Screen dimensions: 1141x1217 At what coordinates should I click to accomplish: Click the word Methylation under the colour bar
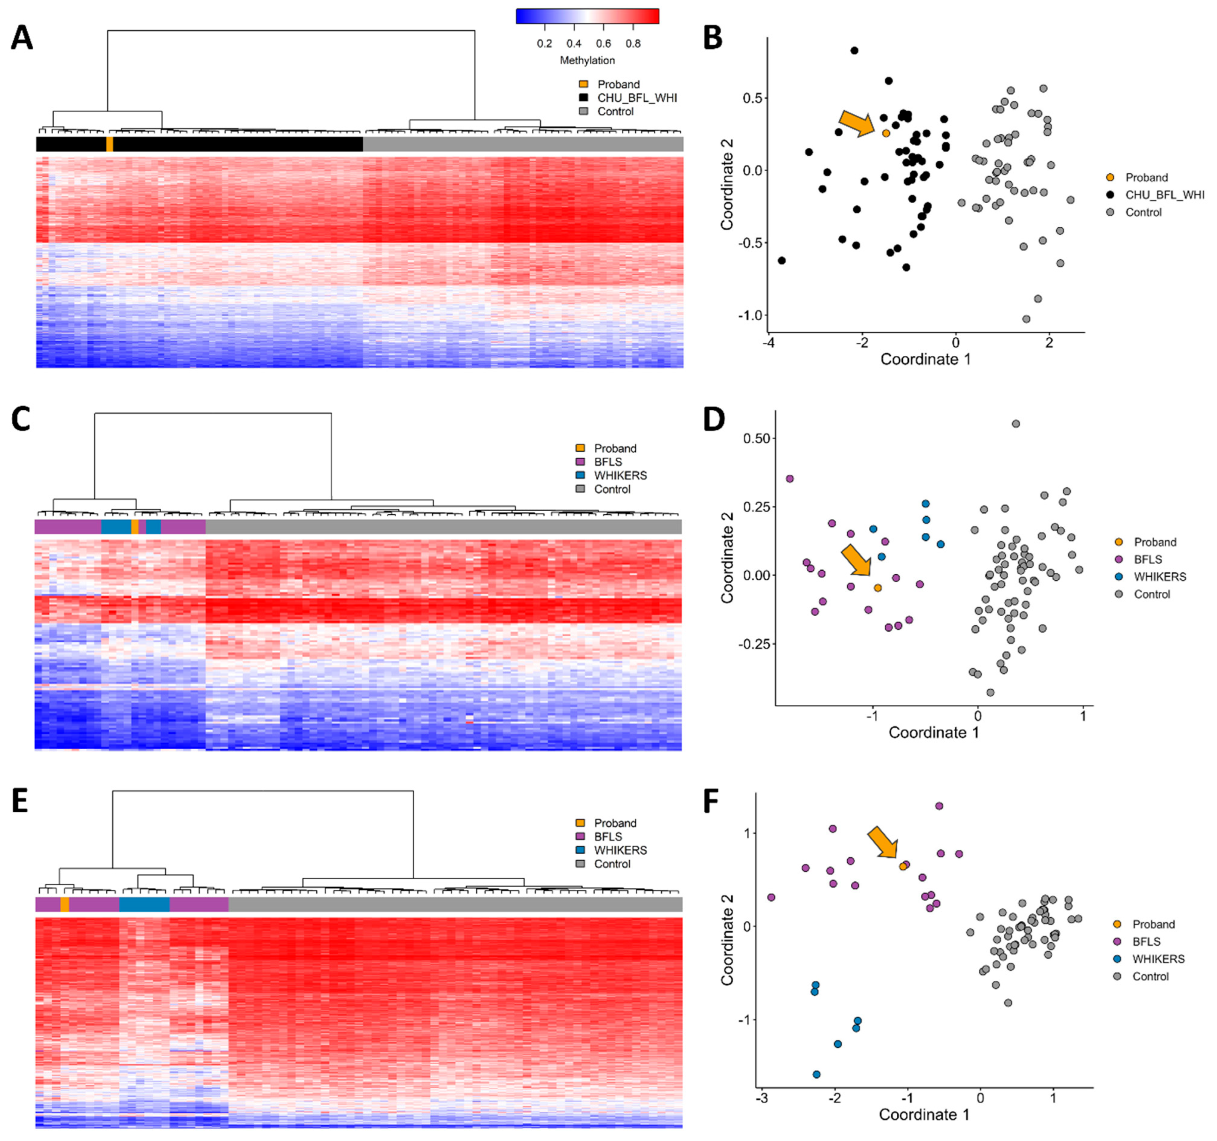click(587, 60)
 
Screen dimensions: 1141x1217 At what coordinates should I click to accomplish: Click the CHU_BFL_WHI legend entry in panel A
click(637, 98)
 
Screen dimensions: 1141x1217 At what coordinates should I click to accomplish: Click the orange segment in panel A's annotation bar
click(110, 144)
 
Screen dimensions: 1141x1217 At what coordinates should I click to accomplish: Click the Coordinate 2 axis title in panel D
click(727, 558)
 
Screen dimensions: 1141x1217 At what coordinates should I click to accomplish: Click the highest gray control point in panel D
click(1016, 424)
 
